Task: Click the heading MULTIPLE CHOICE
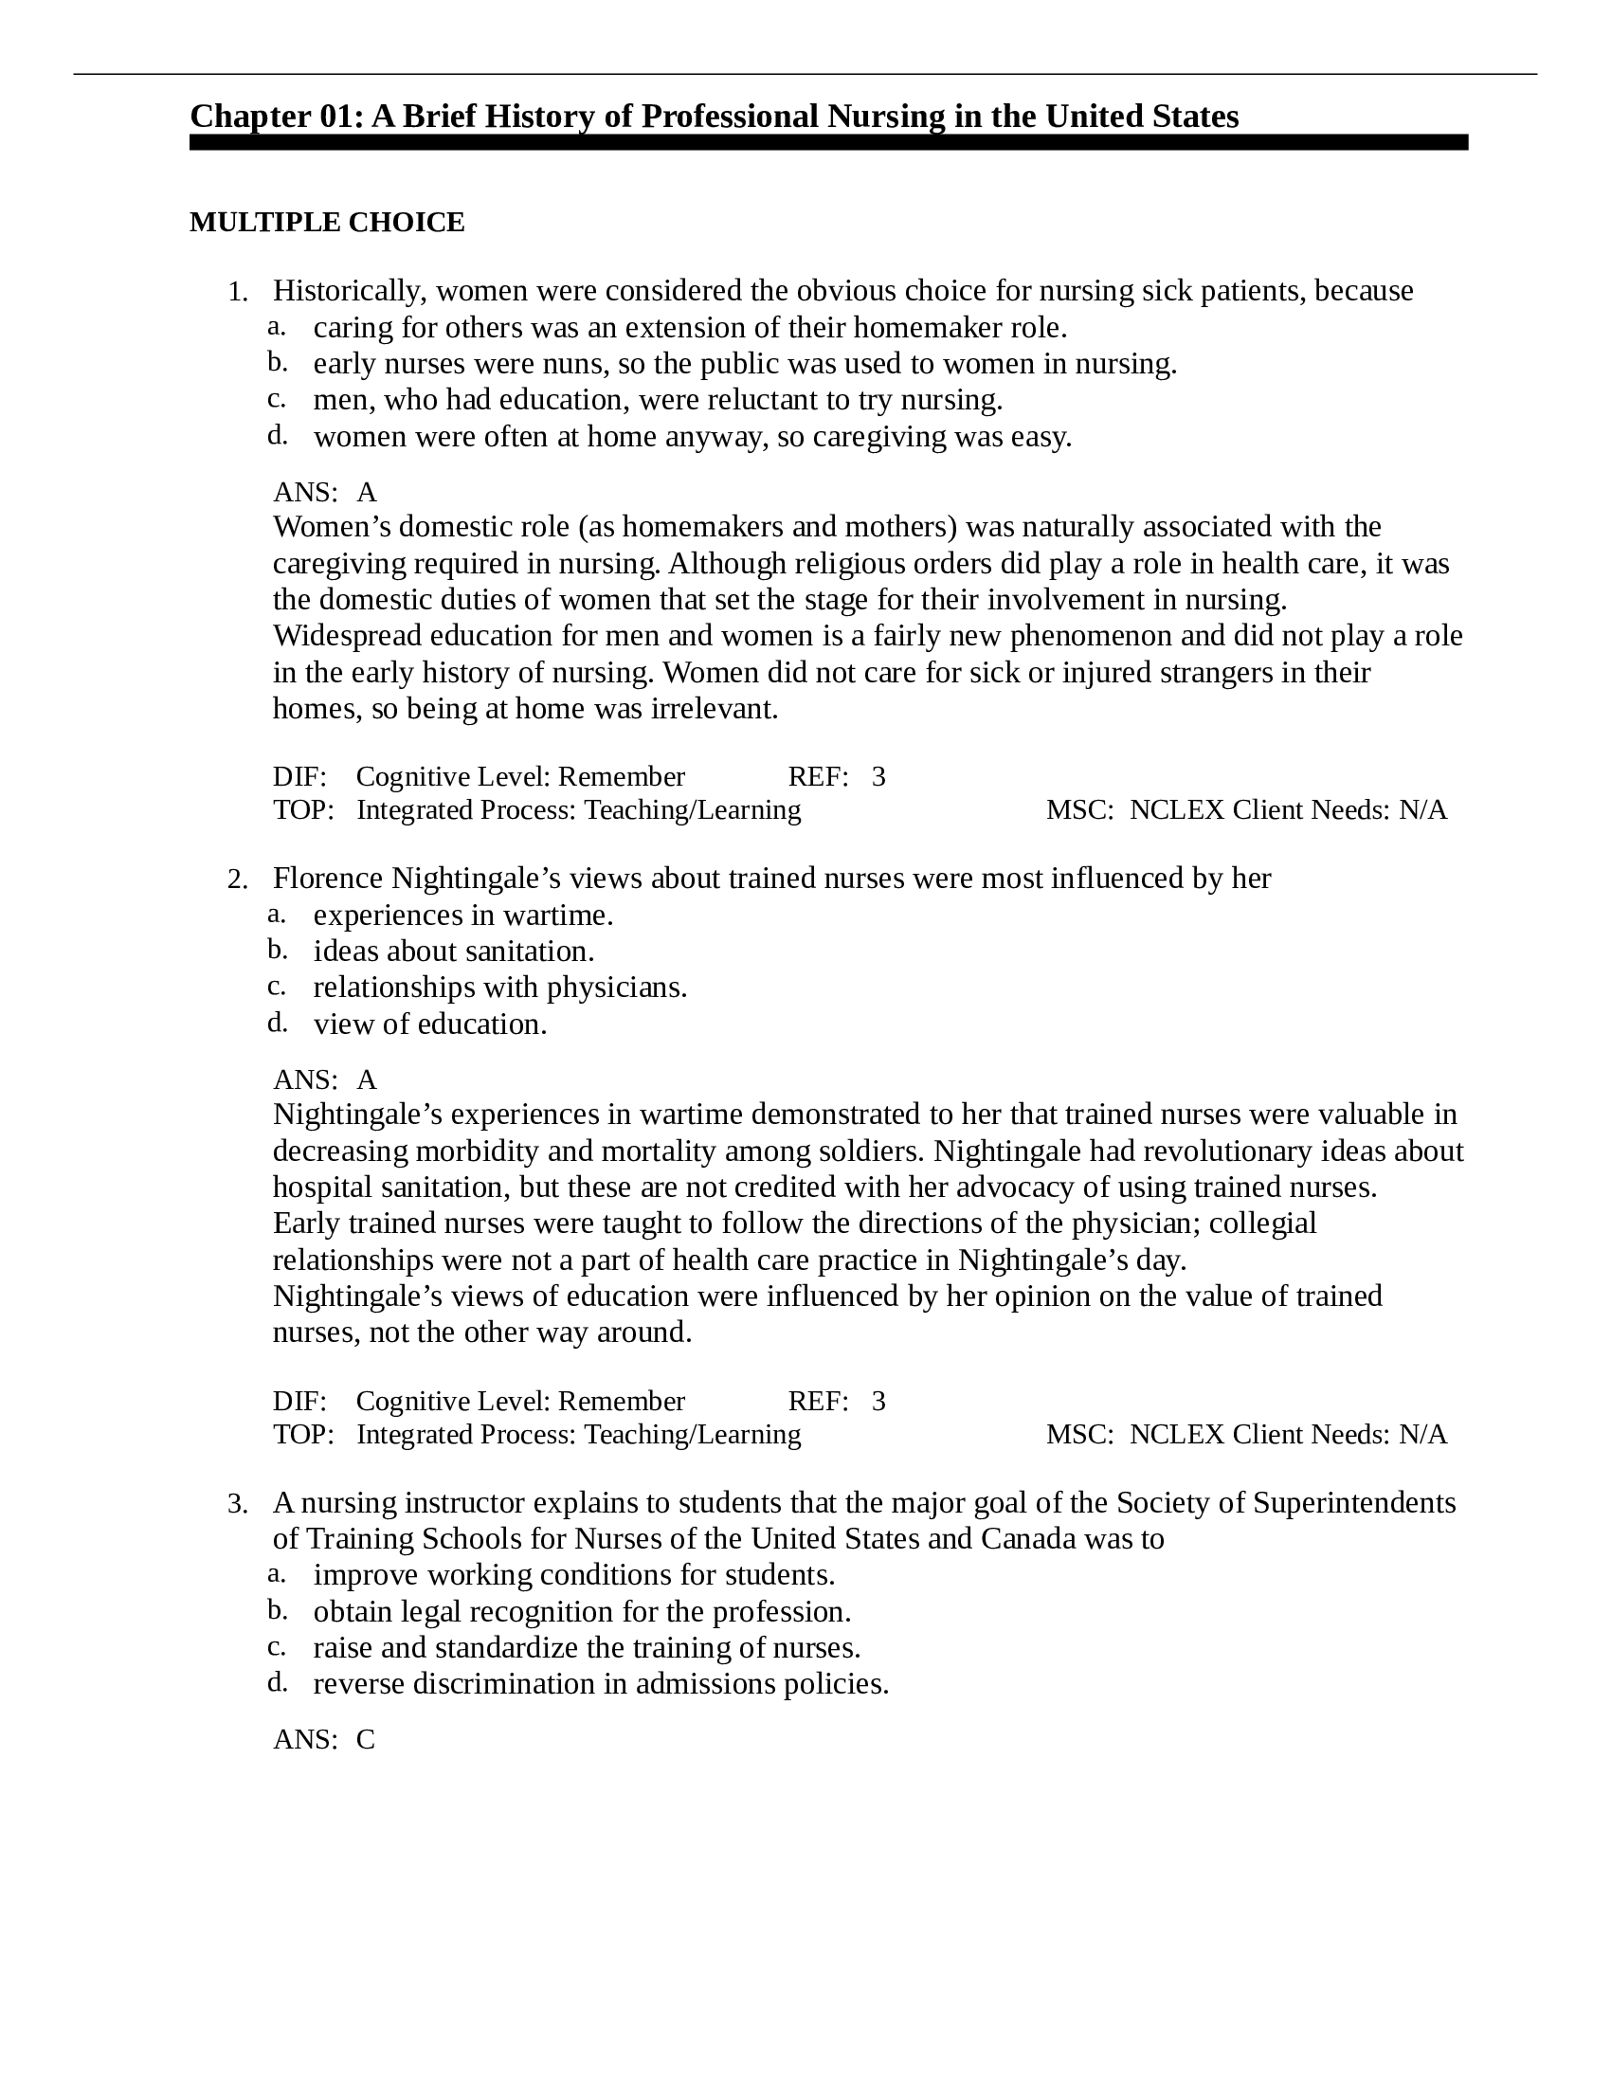326,223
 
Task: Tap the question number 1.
237,293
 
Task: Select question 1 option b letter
277,363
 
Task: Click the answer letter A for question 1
367,493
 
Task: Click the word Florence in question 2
328,879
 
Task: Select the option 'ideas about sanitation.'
453,952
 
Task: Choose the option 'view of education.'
429,1024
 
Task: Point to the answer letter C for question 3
366,1739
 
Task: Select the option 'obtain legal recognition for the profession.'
581,1611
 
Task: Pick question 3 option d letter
277,1682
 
